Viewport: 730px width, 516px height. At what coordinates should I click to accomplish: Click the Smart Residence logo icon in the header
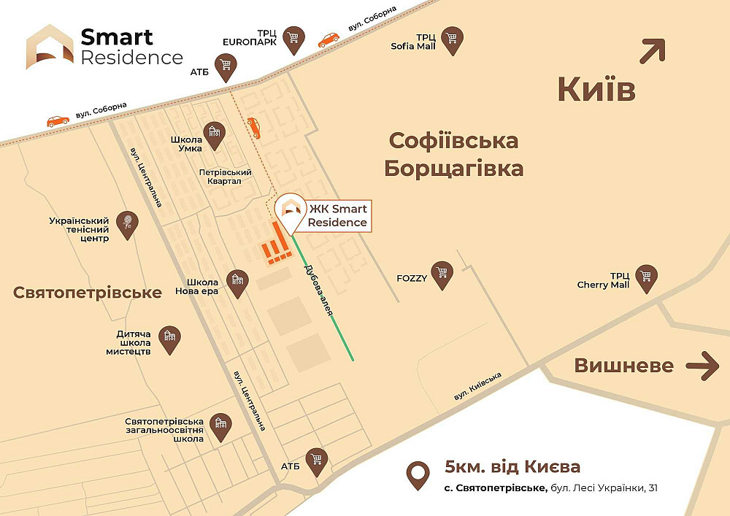(x=50, y=47)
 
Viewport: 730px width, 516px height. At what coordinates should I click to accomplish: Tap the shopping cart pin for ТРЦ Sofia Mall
(x=453, y=40)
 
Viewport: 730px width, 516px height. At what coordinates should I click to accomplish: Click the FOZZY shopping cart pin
(x=441, y=274)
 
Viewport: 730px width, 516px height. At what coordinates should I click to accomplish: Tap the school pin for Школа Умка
(x=214, y=132)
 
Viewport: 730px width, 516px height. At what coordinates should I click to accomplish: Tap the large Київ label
(x=596, y=90)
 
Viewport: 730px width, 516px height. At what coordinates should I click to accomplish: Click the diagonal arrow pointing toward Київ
(x=653, y=52)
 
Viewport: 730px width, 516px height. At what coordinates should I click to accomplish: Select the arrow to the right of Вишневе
(x=703, y=365)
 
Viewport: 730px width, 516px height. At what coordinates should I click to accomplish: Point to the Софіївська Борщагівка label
(x=453, y=154)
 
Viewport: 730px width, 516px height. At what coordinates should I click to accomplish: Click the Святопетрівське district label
(x=88, y=293)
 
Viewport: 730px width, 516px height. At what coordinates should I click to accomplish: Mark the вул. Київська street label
(x=478, y=386)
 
